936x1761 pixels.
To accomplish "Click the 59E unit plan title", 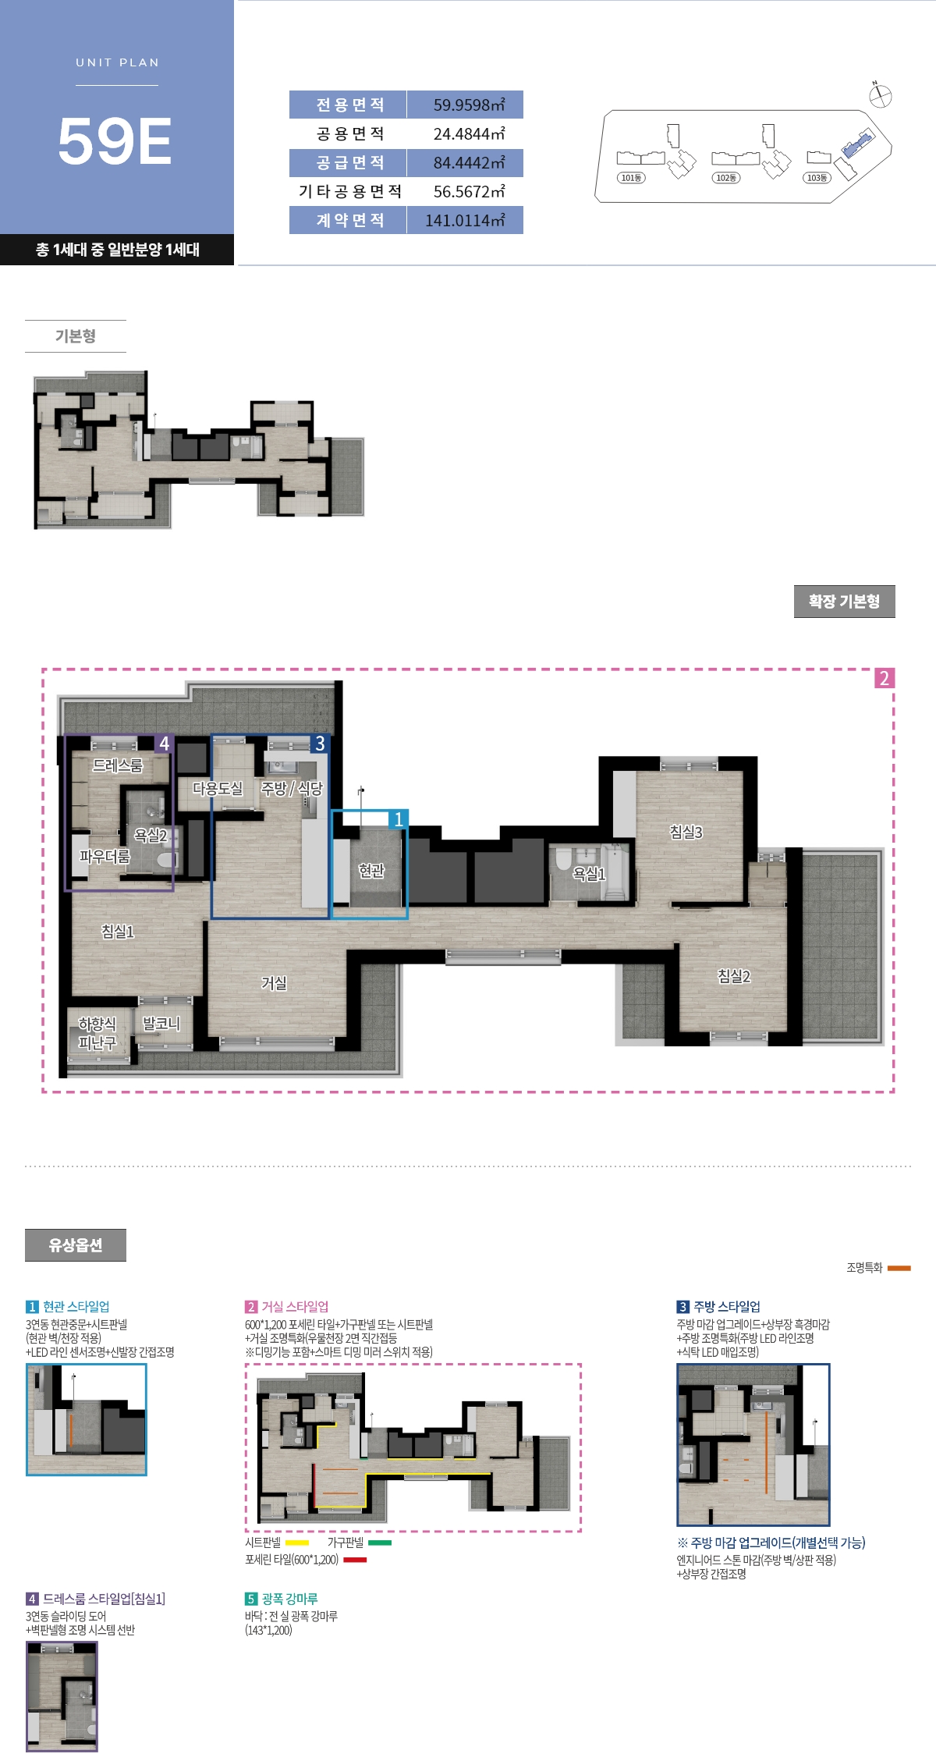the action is point(115,141).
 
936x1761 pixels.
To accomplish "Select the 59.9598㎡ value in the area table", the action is point(469,105).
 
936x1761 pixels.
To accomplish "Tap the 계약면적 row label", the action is point(350,220).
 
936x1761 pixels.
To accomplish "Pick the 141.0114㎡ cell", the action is point(465,220).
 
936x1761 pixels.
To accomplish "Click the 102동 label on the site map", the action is point(726,178).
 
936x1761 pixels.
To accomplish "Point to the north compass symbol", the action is point(880,95).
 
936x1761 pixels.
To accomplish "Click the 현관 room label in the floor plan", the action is point(371,870).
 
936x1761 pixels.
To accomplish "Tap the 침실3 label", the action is point(686,832).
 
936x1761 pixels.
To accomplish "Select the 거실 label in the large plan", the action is point(274,983).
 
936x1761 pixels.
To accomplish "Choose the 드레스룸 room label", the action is point(118,765).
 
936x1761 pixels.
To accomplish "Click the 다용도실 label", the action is point(218,789).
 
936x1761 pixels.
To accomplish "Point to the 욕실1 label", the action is point(589,874).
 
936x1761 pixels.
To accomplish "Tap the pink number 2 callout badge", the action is point(884,678).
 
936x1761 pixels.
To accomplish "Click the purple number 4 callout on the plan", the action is point(164,744).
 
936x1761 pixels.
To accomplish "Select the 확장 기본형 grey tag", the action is point(844,602).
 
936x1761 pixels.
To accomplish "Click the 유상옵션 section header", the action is point(76,1245).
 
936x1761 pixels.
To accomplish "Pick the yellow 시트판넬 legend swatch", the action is point(297,1543).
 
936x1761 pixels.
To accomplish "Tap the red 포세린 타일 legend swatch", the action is point(355,1560).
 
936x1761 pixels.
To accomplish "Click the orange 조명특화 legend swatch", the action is point(899,1268).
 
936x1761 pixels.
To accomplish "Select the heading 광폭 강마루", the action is point(289,1599).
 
